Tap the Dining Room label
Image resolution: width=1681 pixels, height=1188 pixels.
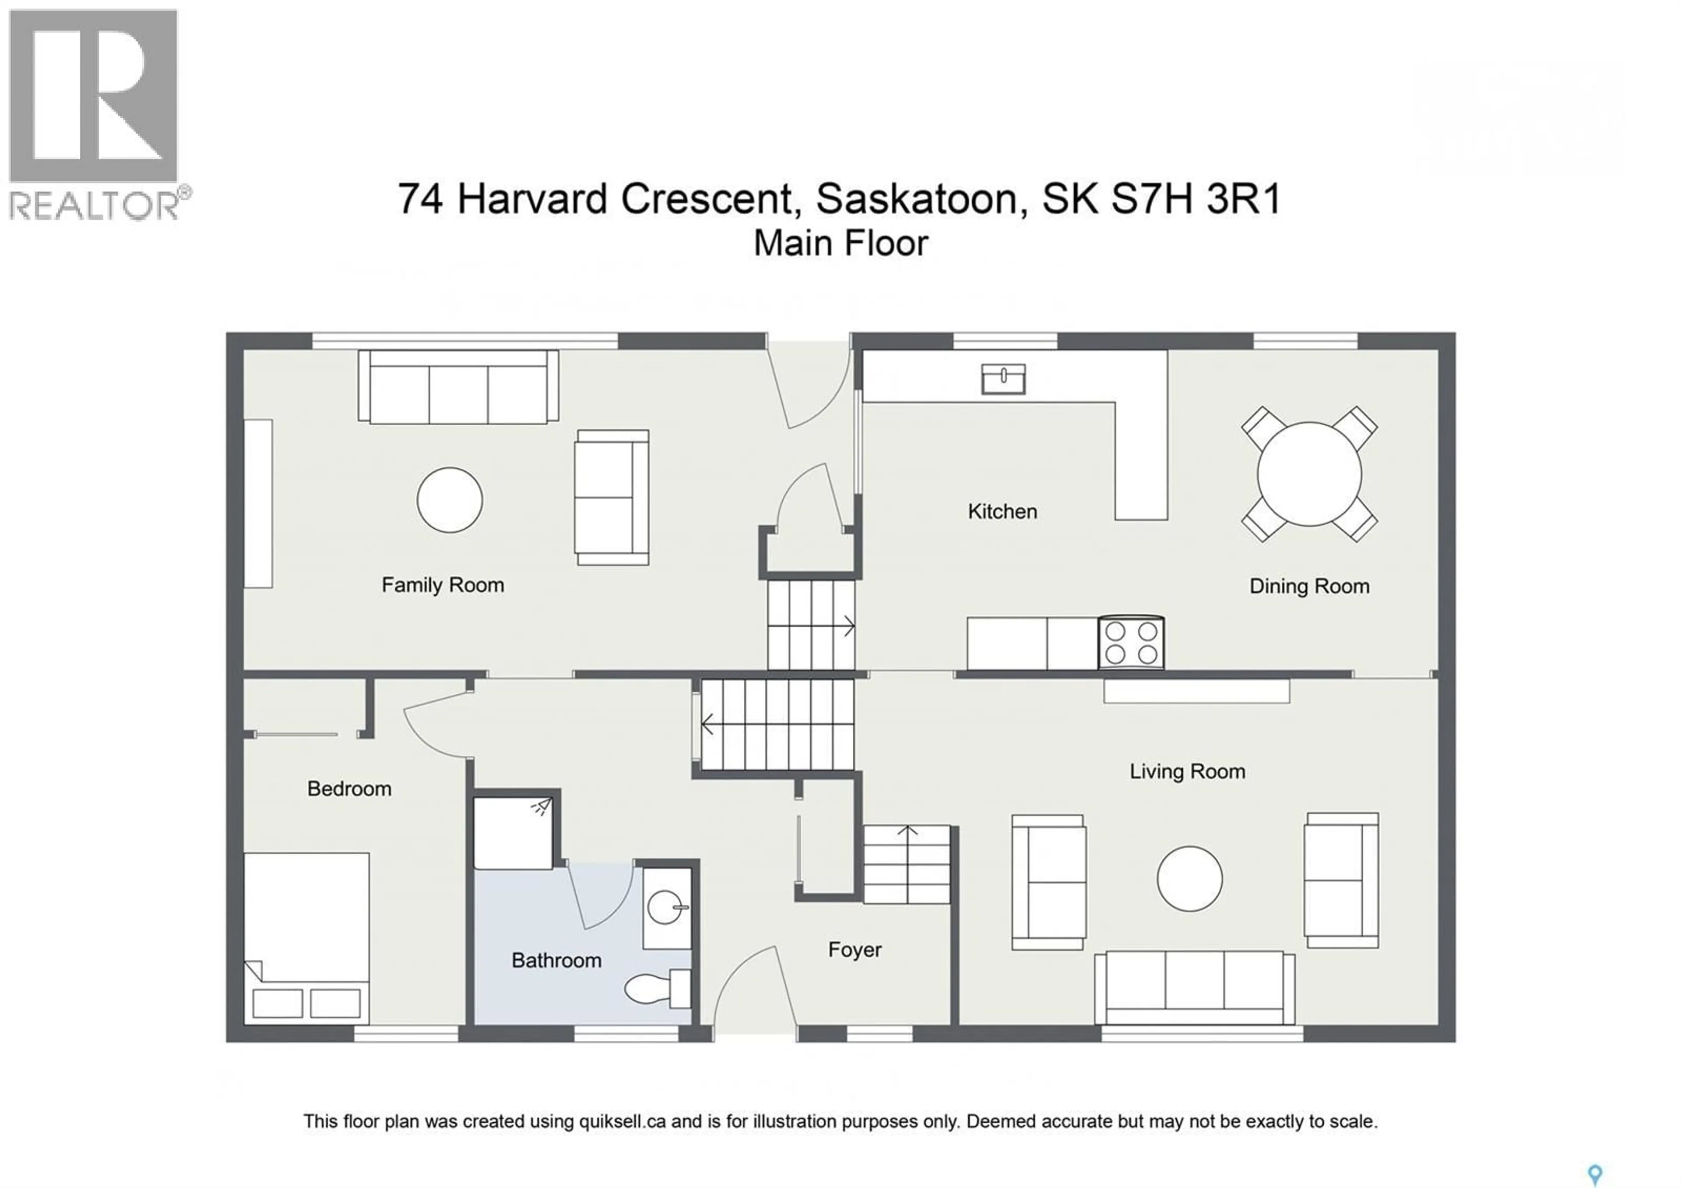point(1308,586)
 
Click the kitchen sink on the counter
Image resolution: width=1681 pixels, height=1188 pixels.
point(1002,378)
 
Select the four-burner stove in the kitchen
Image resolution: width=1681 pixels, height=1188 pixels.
point(1130,642)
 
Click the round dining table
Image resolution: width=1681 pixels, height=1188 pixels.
point(1308,474)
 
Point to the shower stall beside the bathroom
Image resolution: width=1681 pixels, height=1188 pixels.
point(513,833)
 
